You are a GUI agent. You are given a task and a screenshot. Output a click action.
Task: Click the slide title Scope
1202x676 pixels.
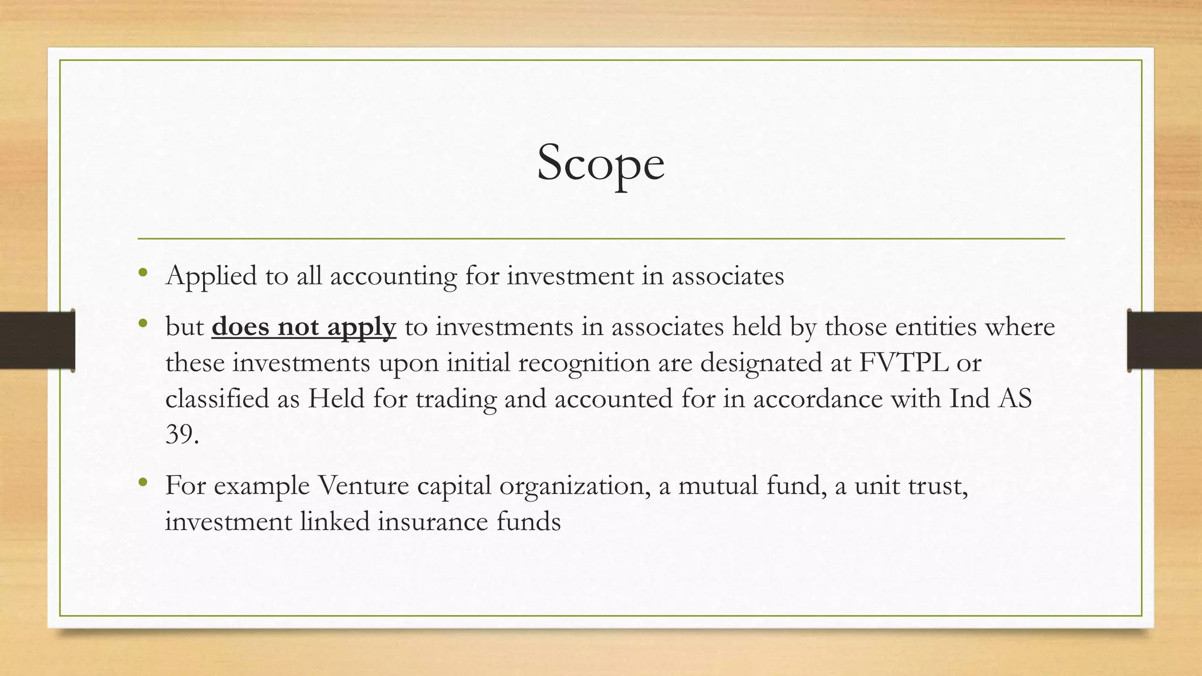point(600,163)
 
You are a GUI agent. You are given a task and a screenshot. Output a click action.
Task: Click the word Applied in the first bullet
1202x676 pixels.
point(211,276)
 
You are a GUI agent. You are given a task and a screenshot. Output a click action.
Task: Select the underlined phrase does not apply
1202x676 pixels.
point(303,327)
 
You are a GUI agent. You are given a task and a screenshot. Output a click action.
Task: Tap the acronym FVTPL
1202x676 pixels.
point(904,363)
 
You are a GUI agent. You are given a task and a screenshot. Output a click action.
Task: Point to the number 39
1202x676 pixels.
point(182,435)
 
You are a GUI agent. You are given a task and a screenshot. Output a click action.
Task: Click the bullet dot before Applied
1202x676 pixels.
point(143,272)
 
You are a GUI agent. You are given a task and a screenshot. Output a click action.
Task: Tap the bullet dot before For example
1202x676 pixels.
point(143,482)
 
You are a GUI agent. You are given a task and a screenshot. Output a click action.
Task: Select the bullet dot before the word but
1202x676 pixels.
point(143,323)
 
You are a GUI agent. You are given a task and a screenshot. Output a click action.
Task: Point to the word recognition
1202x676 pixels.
point(583,363)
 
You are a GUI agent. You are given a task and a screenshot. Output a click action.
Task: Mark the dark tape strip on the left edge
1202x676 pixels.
point(37,340)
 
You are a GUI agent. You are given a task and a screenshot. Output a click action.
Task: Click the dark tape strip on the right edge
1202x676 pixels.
point(1164,340)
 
